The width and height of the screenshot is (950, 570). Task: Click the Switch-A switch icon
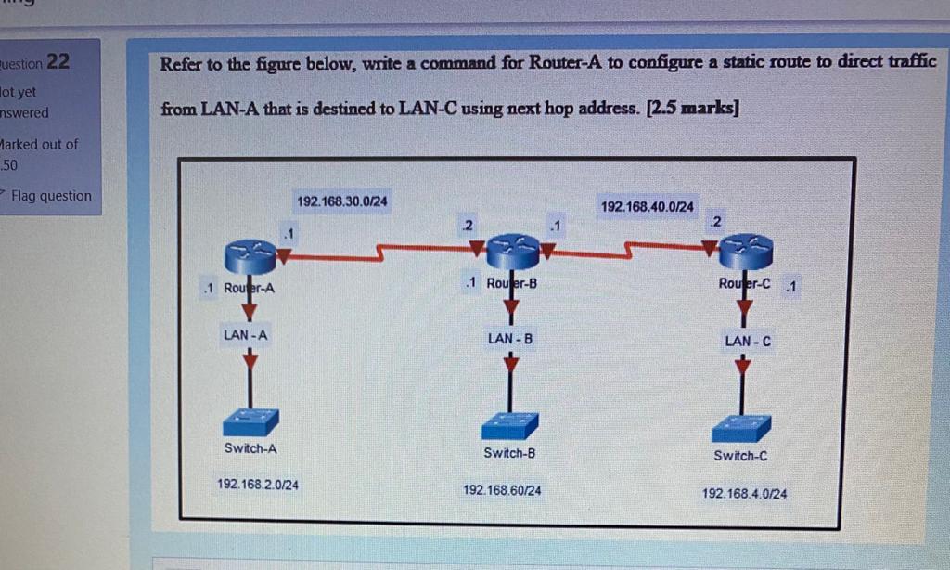point(250,422)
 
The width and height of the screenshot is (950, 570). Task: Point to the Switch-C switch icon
point(740,428)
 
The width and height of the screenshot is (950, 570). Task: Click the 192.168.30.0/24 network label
point(342,201)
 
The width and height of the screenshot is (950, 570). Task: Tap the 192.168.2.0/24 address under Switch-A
point(257,485)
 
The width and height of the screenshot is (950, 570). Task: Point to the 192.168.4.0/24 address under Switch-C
point(744,494)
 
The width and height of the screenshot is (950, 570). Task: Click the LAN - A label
point(245,334)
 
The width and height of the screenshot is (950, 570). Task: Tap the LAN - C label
point(748,342)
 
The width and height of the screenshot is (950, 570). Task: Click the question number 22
point(58,62)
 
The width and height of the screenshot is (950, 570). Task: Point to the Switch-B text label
point(509,454)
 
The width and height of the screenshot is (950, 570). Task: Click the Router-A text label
point(249,289)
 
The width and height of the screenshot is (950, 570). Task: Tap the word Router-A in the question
point(559,64)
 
